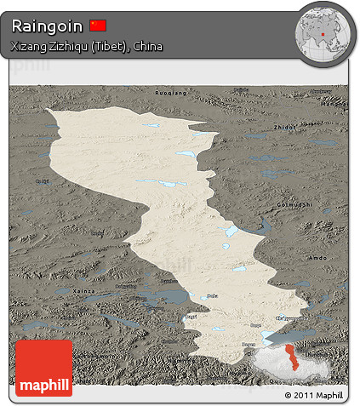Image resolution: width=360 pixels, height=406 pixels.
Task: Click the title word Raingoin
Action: pyautogui.click(x=47, y=26)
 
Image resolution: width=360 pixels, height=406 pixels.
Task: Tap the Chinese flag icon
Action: pyautogui.click(x=98, y=26)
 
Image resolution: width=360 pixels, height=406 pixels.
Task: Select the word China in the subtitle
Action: pyautogui.click(x=146, y=46)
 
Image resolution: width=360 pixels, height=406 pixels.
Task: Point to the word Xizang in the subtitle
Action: pyautogui.click(x=28, y=46)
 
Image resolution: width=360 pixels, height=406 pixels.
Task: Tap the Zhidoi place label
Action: pyautogui.click(x=285, y=127)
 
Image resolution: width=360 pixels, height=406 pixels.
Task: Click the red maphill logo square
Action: pyautogui.click(x=43, y=369)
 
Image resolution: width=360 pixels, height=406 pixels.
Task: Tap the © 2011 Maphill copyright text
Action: pyautogui.click(x=314, y=396)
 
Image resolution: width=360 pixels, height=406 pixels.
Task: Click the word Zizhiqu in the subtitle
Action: pyautogui.click(x=72, y=46)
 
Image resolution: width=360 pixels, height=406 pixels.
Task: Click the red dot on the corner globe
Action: pyautogui.click(x=326, y=37)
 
